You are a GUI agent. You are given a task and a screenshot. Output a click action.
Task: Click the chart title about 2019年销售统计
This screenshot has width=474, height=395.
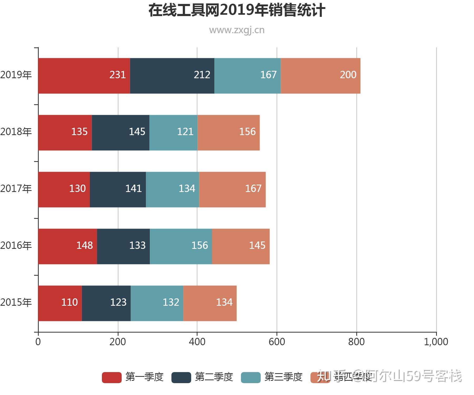[237, 11]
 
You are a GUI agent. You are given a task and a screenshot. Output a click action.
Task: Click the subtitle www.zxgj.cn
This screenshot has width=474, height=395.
[237, 30]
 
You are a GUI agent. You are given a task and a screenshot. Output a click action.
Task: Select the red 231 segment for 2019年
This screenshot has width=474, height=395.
[84, 76]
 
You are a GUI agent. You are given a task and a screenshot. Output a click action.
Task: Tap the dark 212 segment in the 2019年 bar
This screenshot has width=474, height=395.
[172, 76]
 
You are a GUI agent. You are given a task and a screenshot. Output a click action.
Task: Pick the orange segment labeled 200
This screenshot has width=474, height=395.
[320, 76]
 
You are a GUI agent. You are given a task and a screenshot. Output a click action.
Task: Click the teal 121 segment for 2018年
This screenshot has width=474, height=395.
[173, 132]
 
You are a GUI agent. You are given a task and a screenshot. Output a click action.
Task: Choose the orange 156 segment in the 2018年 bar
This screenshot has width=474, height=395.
[229, 132]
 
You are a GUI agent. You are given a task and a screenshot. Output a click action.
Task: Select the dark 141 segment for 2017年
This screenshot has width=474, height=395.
[118, 189]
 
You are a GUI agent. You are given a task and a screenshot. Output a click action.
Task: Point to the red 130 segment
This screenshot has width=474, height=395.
[64, 189]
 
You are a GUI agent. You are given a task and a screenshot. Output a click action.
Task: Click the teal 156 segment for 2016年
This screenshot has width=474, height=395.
[181, 246]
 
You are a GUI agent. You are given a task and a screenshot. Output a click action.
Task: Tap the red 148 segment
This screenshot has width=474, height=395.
[68, 246]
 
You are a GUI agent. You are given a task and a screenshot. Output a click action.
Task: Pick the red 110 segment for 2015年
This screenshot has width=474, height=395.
[60, 303]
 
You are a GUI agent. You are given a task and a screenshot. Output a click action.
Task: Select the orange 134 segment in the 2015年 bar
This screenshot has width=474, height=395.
[210, 303]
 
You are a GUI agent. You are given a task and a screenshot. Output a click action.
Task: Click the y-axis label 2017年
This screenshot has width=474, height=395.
[16, 189]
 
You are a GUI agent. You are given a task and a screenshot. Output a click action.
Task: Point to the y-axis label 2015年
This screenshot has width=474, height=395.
[16, 302]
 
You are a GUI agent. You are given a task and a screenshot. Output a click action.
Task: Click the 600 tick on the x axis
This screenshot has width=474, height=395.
[277, 342]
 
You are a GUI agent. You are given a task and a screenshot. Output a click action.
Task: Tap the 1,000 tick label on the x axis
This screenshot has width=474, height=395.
[436, 342]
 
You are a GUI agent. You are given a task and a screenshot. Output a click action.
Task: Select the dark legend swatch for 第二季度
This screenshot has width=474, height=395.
[181, 377]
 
